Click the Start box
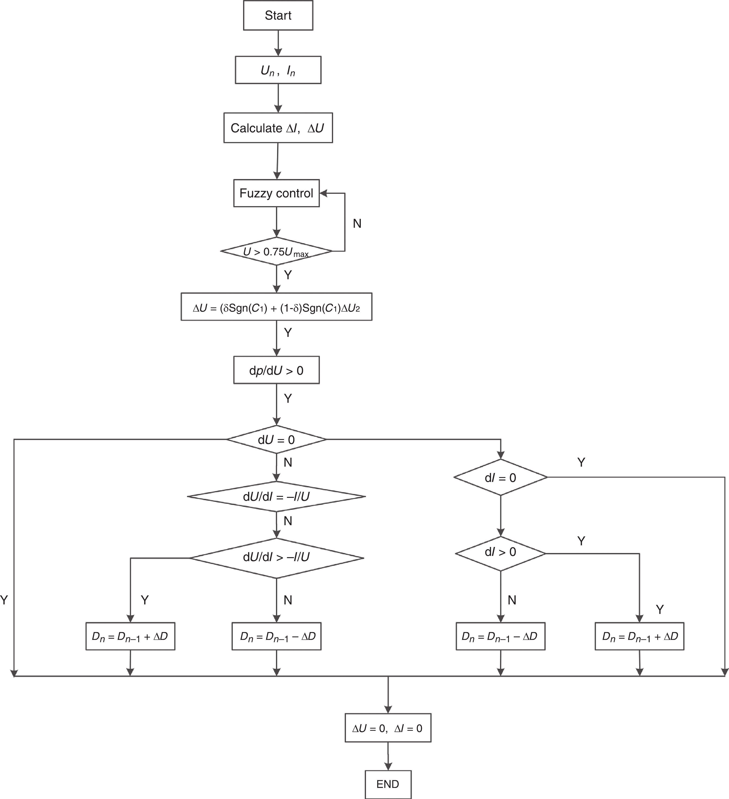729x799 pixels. pyautogui.click(x=278, y=16)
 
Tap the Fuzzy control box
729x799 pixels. pyautogui.click(x=276, y=193)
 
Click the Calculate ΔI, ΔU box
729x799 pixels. pyautogui.click(x=278, y=128)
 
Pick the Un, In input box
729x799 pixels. pyautogui.click(x=278, y=70)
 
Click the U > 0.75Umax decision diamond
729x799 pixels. pyautogui.click(x=276, y=251)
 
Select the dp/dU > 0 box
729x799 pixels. pyautogui.click(x=276, y=370)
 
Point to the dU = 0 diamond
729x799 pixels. pyautogui.click(x=276, y=439)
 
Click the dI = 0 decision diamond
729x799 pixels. pyautogui.click(x=501, y=478)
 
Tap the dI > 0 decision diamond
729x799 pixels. pyautogui.click(x=501, y=552)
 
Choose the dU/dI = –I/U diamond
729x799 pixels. pyautogui.click(x=276, y=497)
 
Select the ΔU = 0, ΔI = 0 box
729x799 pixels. pyautogui.click(x=388, y=728)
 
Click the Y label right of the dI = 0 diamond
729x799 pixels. pyautogui.click(x=581, y=462)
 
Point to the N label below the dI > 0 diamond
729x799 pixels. pyautogui.click(x=512, y=600)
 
